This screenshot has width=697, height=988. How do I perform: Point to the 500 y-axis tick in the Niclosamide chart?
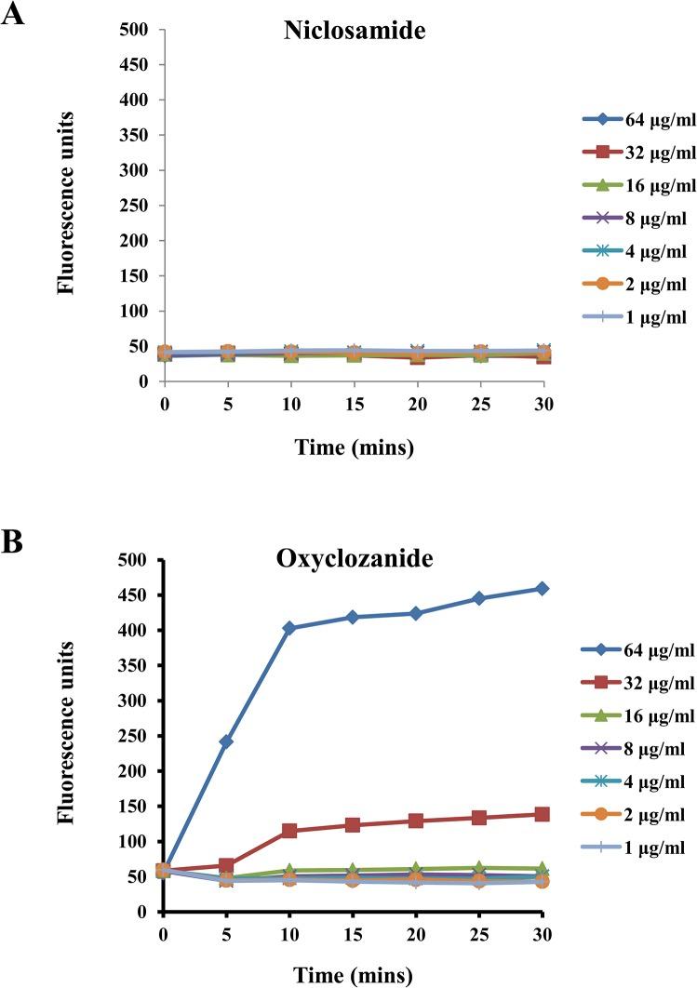pyautogui.click(x=137, y=29)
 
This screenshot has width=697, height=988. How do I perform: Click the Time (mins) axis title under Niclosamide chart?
pyautogui.click(x=354, y=447)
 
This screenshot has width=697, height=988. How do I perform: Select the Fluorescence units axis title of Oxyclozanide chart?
pyautogui.click(x=66, y=735)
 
